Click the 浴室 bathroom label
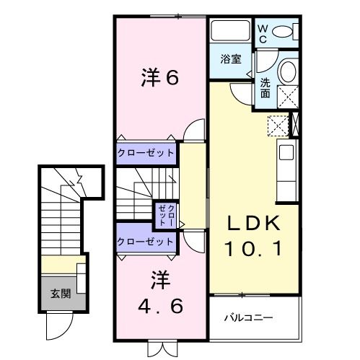[x=230, y=61]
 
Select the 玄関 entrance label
[x=60, y=294]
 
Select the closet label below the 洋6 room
[x=146, y=152]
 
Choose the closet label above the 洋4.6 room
[x=146, y=241]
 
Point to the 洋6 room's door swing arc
[x=193, y=131]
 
